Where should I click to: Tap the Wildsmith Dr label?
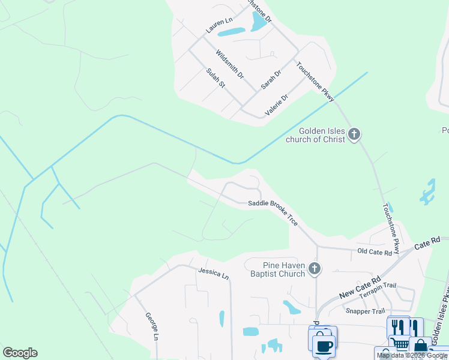(x=230, y=65)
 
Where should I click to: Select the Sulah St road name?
(x=215, y=79)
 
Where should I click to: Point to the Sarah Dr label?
(x=271, y=80)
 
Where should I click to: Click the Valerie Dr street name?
(x=277, y=104)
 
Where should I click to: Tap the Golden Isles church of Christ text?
(x=324, y=135)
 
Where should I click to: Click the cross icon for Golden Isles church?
(x=354, y=134)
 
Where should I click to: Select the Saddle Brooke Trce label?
(x=273, y=212)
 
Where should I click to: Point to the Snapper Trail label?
(x=365, y=311)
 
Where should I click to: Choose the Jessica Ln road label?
(x=214, y=274)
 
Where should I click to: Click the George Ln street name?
(x=151, y=327)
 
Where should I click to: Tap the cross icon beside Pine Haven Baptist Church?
(x=314, y=269)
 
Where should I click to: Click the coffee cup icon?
(x=324, y=346)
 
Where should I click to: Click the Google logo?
(x=20, y=353)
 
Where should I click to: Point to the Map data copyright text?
(x=412, y=355)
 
